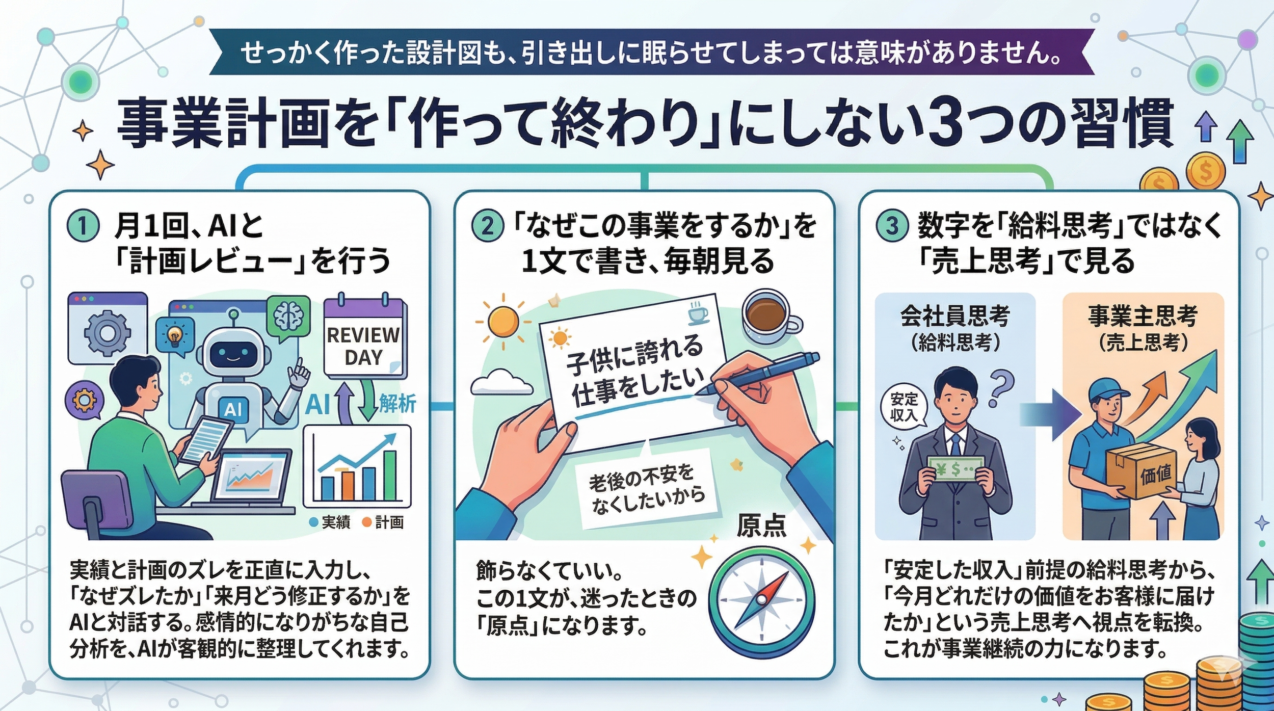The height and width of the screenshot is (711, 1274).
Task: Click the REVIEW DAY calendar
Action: coord(364,339)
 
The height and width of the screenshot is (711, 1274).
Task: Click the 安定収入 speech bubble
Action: coord(904,407)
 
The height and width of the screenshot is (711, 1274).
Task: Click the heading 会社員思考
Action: coord(955,316)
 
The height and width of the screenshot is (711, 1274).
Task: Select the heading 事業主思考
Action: coord(1143,316)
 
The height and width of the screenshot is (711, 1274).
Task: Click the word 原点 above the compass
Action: coord(761,525)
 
